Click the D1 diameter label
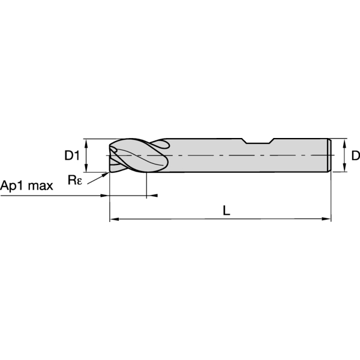click(x=72, y=156)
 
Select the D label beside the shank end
click(x=355, y=156)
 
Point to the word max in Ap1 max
click(x=41, y=185)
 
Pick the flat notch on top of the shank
click(x=258, y=142)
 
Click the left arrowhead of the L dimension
click(x=113, y=220)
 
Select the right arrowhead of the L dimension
click(x=327, y=220)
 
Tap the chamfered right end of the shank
click(x=329, y=156)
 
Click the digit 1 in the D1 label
click(x=77, y=156)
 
